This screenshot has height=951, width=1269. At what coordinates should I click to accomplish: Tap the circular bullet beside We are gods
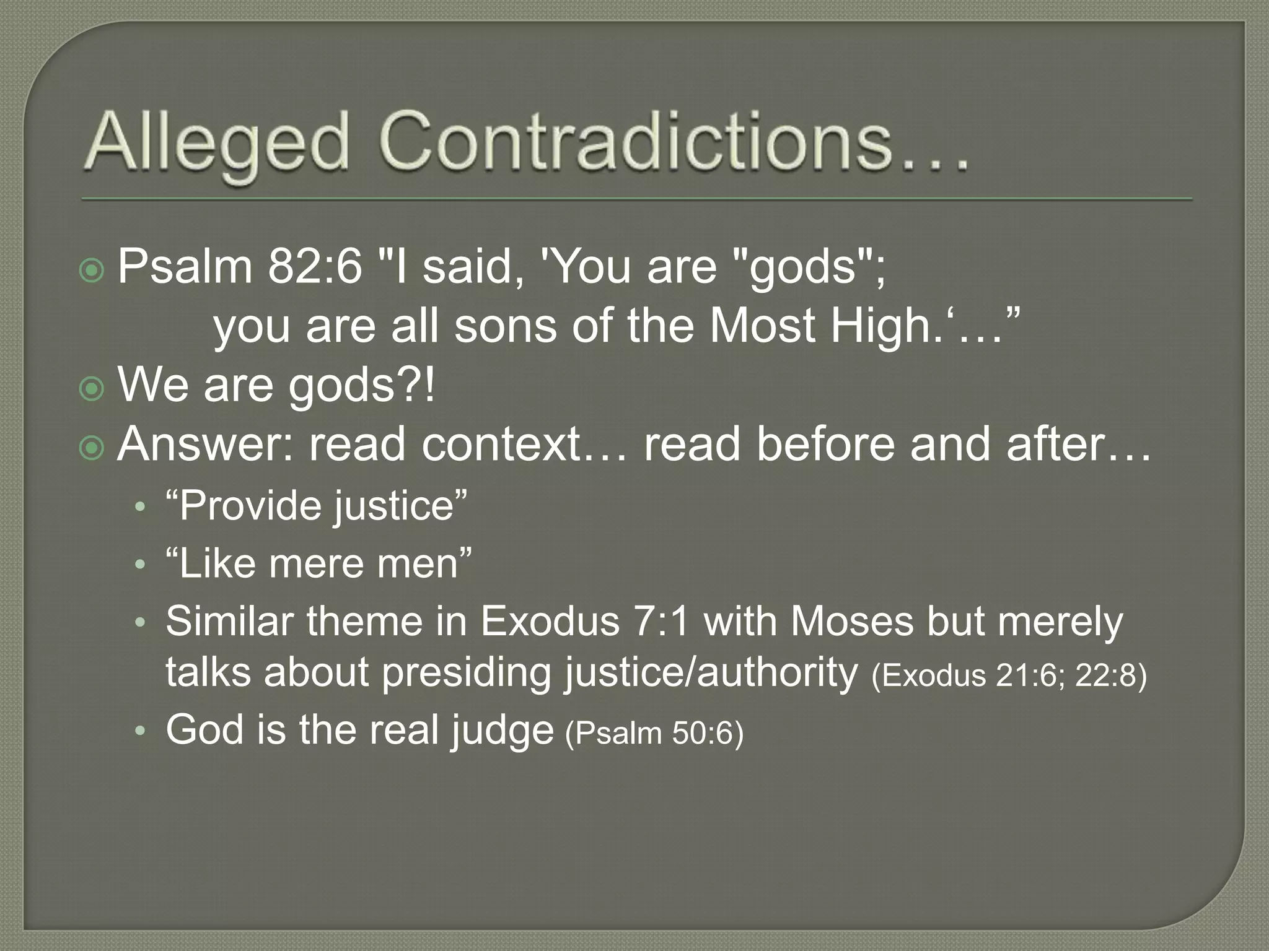(92, 388)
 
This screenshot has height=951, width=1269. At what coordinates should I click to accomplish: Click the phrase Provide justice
(316, 506)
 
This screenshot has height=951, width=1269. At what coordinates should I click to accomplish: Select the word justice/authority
(710, 672)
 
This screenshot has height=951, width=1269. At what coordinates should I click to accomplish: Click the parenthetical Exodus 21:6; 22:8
(1009, 675)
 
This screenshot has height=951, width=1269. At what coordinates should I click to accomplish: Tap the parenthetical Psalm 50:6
(654, 733)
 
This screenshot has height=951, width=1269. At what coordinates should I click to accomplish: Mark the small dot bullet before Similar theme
(141, 622)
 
